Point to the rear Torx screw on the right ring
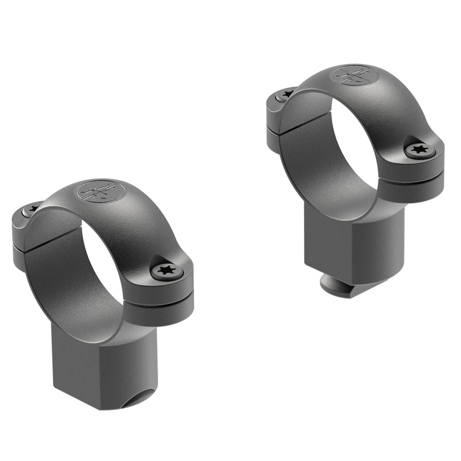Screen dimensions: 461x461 pos(286,94)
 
